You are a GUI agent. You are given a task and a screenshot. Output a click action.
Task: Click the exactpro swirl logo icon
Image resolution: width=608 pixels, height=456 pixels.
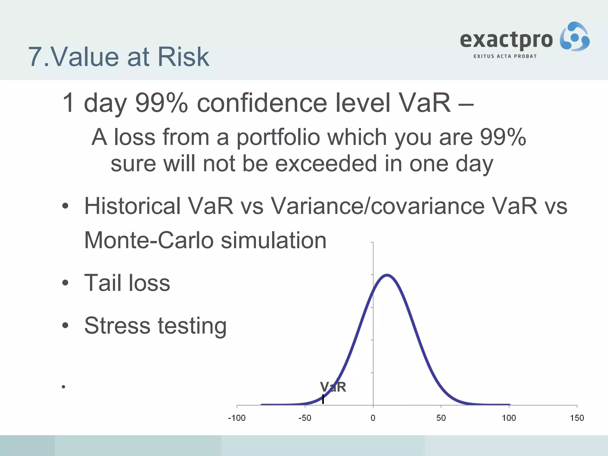(x=574, y=37)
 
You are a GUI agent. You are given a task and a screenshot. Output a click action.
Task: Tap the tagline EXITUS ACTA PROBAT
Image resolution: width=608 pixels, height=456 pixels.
(x=505, y=56)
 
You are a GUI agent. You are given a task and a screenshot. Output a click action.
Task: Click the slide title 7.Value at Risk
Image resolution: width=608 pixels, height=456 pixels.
(x=119, y=57)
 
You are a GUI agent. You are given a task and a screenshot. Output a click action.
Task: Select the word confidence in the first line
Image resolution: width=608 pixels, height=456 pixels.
(x=262, y=103)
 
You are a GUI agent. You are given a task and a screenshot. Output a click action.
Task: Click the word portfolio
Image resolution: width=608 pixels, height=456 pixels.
(x=278, y=138)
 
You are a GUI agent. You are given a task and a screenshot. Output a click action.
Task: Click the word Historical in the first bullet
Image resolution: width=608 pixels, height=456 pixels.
(x=132, y=206)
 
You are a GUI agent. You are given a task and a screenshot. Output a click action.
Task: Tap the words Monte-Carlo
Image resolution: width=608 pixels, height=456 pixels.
(x=149, y=240)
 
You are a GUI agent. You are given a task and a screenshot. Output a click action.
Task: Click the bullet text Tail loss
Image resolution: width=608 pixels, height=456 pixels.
(x=127, y=283)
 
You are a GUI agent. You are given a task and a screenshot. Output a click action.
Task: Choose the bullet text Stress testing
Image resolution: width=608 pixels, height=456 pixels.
(x=155, y=326)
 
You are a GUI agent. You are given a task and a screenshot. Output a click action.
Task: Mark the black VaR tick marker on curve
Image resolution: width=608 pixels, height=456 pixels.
(x=323, y=399)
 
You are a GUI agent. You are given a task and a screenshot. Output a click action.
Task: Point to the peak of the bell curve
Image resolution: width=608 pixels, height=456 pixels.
(x=387, y=275)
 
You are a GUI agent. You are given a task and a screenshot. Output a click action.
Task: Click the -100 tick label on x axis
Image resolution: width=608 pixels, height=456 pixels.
(x=237, y=418)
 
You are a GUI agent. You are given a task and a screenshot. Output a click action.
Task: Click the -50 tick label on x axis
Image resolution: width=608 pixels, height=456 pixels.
(x=305, y=418)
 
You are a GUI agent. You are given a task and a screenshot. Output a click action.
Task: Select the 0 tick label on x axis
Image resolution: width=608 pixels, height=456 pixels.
(x=373, y=418)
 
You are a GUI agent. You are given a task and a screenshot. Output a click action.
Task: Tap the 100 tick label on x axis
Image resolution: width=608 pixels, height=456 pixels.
(x=509, y=418)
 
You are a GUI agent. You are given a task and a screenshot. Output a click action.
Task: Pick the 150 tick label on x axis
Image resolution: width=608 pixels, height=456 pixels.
(x=577, y=418)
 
